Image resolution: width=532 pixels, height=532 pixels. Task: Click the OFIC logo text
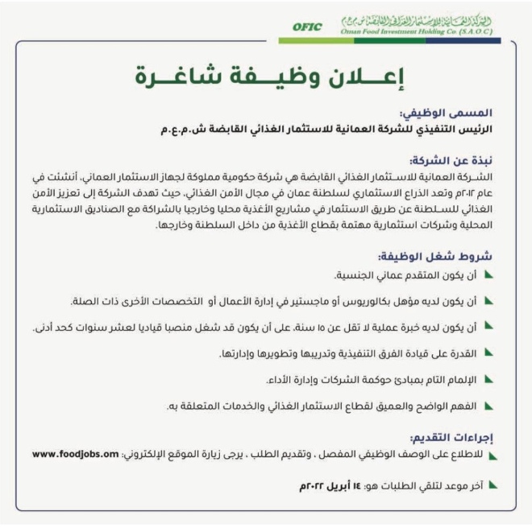coord(307,27)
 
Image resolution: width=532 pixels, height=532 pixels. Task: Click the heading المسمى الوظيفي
coord(459,113)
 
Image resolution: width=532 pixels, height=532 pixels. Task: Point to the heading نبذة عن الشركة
coord(463,159)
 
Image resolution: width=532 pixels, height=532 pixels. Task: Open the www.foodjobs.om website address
coord(77,454)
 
